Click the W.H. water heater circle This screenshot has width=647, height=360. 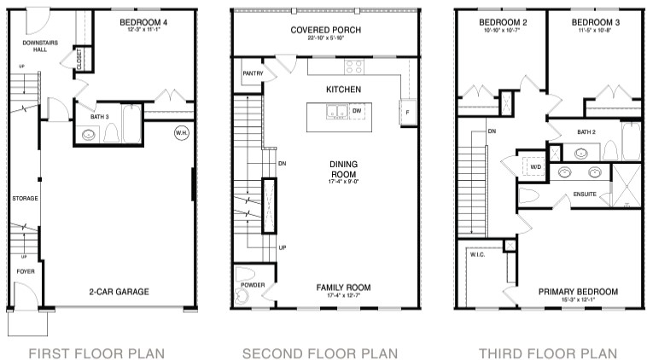pyautogui.click(x=181, y=133)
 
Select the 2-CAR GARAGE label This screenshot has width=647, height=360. pyautogui.click(x=119, y=292)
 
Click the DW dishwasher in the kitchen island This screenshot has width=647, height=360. pyautogui.click(x=357, y=111)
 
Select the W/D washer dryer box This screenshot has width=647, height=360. pyautogui.click(x=536, y=167)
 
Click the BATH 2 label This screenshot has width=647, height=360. pyautogui.click(x=586, y=132)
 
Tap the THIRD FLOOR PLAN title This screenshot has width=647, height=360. pyautogui.click(x=548, y=351)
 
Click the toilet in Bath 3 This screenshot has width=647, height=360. pyautogui.click(x=111, y=134)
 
